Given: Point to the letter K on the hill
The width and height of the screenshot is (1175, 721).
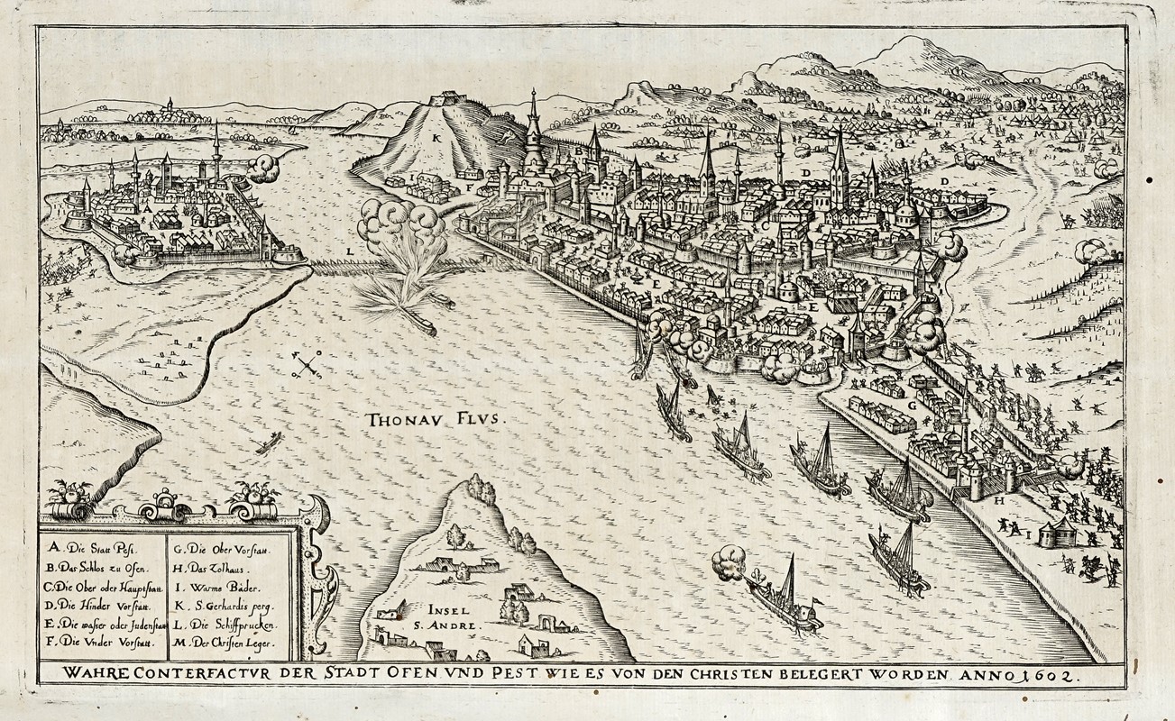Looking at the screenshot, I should click(x=436, y=138).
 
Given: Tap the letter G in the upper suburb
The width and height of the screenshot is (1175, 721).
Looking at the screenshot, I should click(x=912, y=406).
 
